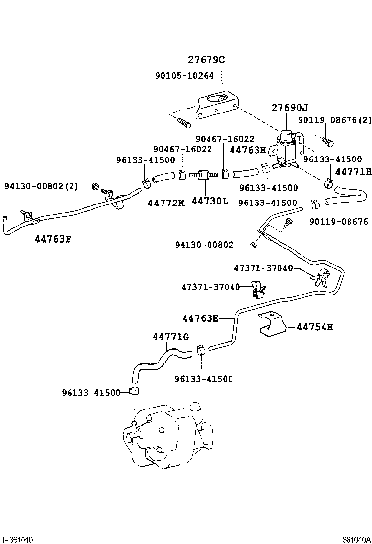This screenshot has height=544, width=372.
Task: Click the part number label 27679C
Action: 206,60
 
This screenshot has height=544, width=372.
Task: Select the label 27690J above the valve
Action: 290,108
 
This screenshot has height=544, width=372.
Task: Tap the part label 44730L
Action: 209,201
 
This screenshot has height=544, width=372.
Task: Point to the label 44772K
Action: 166,202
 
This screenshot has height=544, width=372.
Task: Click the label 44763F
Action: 53,239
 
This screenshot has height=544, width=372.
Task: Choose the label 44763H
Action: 248,150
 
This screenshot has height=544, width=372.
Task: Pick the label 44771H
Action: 353,172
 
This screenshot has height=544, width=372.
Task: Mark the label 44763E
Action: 200,318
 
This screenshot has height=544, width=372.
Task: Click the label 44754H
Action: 314,327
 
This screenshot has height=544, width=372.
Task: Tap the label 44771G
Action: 170,337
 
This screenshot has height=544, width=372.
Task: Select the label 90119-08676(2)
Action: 335,120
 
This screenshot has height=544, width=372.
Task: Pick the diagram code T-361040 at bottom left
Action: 18,540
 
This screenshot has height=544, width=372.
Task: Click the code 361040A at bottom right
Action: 355,540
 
